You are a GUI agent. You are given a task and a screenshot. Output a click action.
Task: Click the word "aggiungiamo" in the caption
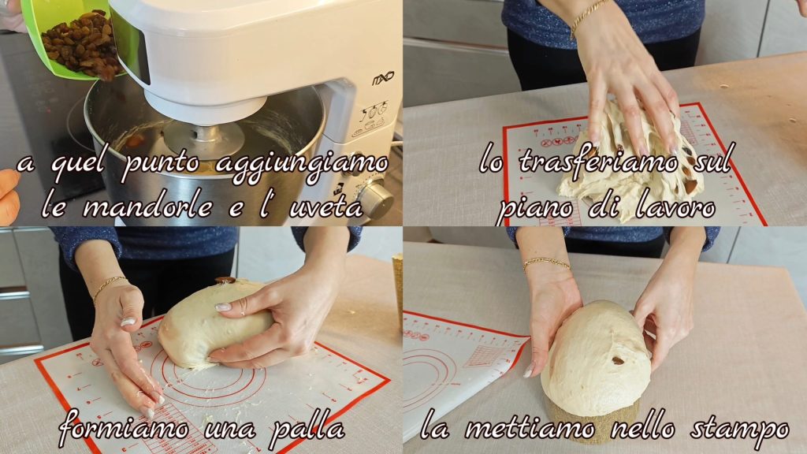302,166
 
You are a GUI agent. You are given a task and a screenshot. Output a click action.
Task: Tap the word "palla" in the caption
307,428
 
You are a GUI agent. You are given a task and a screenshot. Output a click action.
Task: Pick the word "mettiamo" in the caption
530,427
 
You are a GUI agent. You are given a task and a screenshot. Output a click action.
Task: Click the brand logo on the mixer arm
383,78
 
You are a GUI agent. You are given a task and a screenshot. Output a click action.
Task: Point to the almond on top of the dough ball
225,280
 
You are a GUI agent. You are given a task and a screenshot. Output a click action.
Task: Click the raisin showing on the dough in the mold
618,360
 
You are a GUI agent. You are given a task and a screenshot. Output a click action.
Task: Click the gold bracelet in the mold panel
547,263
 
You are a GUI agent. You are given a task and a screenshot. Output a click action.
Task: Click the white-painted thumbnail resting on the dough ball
223,307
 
